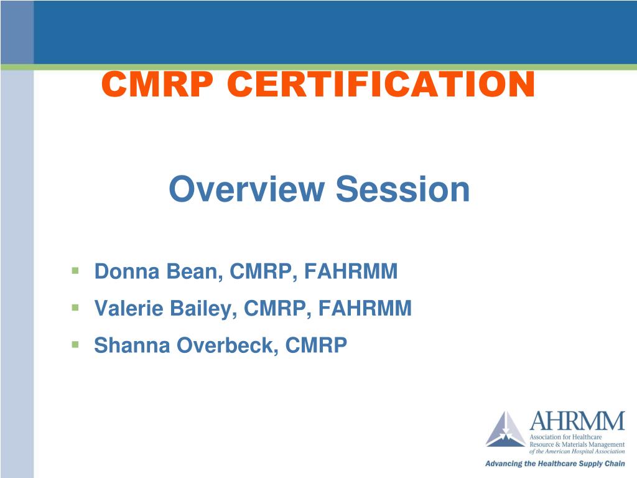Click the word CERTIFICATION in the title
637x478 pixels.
coord(381,84)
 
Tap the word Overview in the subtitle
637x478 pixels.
coord(246,189)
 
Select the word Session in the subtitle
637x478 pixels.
coord(402,189)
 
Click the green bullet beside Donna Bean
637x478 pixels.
coord(75,271)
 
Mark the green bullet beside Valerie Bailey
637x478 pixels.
coord(75,307)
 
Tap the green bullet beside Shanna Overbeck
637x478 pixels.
coord(75,344)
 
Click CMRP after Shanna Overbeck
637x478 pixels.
coord(315,345)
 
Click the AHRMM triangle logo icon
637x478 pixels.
coord(505,429)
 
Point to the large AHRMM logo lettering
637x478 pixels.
coord(577,423)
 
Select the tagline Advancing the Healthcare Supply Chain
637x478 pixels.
coord(554,464)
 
